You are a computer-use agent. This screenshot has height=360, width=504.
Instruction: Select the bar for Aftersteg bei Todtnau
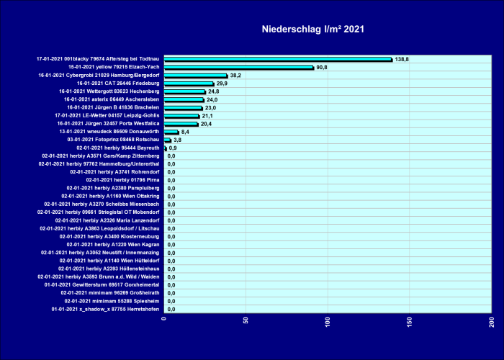point(278,59)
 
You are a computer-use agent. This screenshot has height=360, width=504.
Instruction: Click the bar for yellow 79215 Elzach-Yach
point(238,67)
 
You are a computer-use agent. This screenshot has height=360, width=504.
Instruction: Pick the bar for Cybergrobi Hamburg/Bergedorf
point(195,75)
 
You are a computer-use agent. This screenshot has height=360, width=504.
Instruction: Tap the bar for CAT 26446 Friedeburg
point(189,84)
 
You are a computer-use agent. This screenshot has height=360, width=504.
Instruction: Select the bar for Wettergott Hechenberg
point(184,91)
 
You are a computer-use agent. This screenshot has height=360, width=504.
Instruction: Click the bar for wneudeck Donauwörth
point(171,132)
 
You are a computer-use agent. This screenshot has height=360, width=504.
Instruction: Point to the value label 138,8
point(402,59)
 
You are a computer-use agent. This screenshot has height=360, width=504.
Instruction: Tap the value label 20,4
point(206,124)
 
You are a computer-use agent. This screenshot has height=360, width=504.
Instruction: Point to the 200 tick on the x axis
point(492,321)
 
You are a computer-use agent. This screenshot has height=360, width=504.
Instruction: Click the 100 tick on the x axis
point(328,321)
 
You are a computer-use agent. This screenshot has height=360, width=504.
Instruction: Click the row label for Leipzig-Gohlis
point(107,115)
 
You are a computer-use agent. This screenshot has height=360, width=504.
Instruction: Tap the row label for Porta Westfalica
point(107,124)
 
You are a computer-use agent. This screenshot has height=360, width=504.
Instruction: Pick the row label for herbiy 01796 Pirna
point(122,180)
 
